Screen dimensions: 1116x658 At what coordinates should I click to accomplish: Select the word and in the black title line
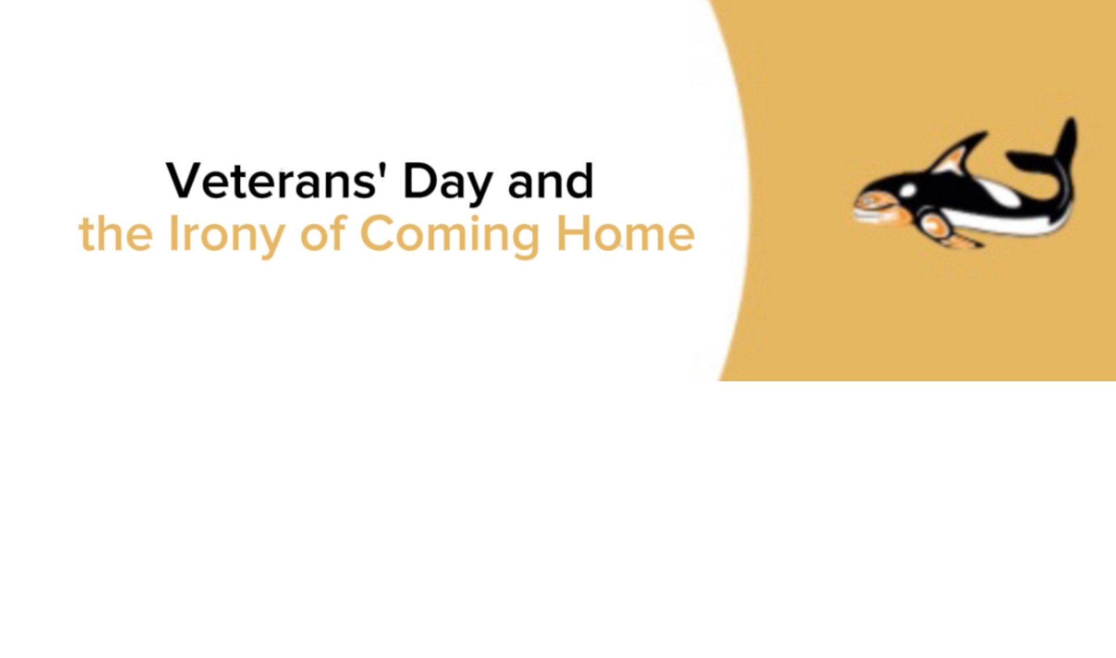[550, 180]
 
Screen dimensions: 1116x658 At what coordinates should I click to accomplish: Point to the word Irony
[226, 236]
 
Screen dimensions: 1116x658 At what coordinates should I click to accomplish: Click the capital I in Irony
[172, 233]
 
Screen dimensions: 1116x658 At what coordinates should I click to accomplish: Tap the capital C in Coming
[379, 233]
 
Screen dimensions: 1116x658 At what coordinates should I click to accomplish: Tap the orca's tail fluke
[1046, 145]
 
